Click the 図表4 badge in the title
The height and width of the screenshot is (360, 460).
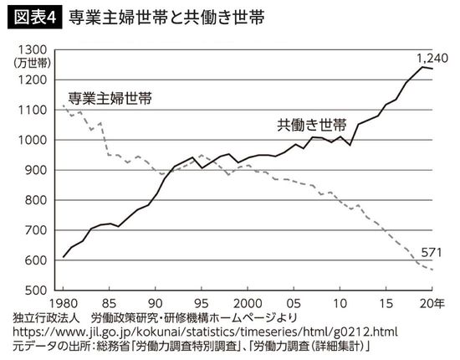(x=31, y=18)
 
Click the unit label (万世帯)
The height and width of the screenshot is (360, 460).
(x=32, y=63)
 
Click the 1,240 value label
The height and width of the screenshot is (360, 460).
(x=433, y=58)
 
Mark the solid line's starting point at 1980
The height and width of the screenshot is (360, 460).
(x=64, y=257)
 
